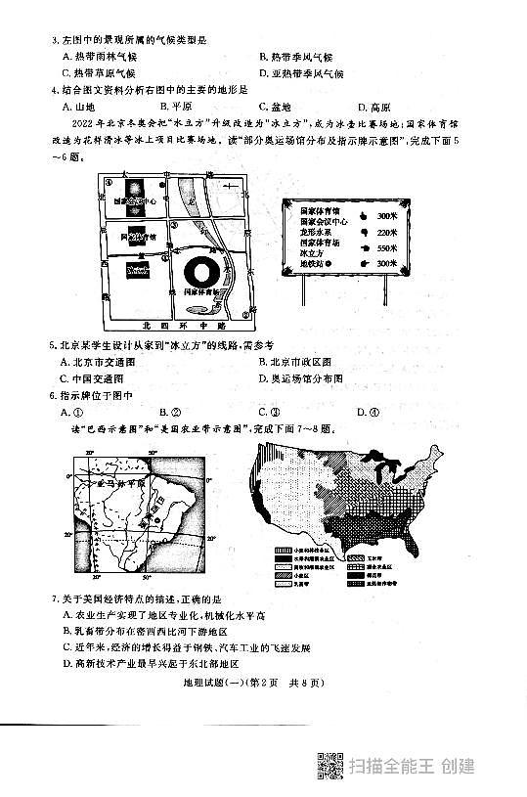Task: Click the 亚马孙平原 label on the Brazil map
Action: [x=118, y=483]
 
